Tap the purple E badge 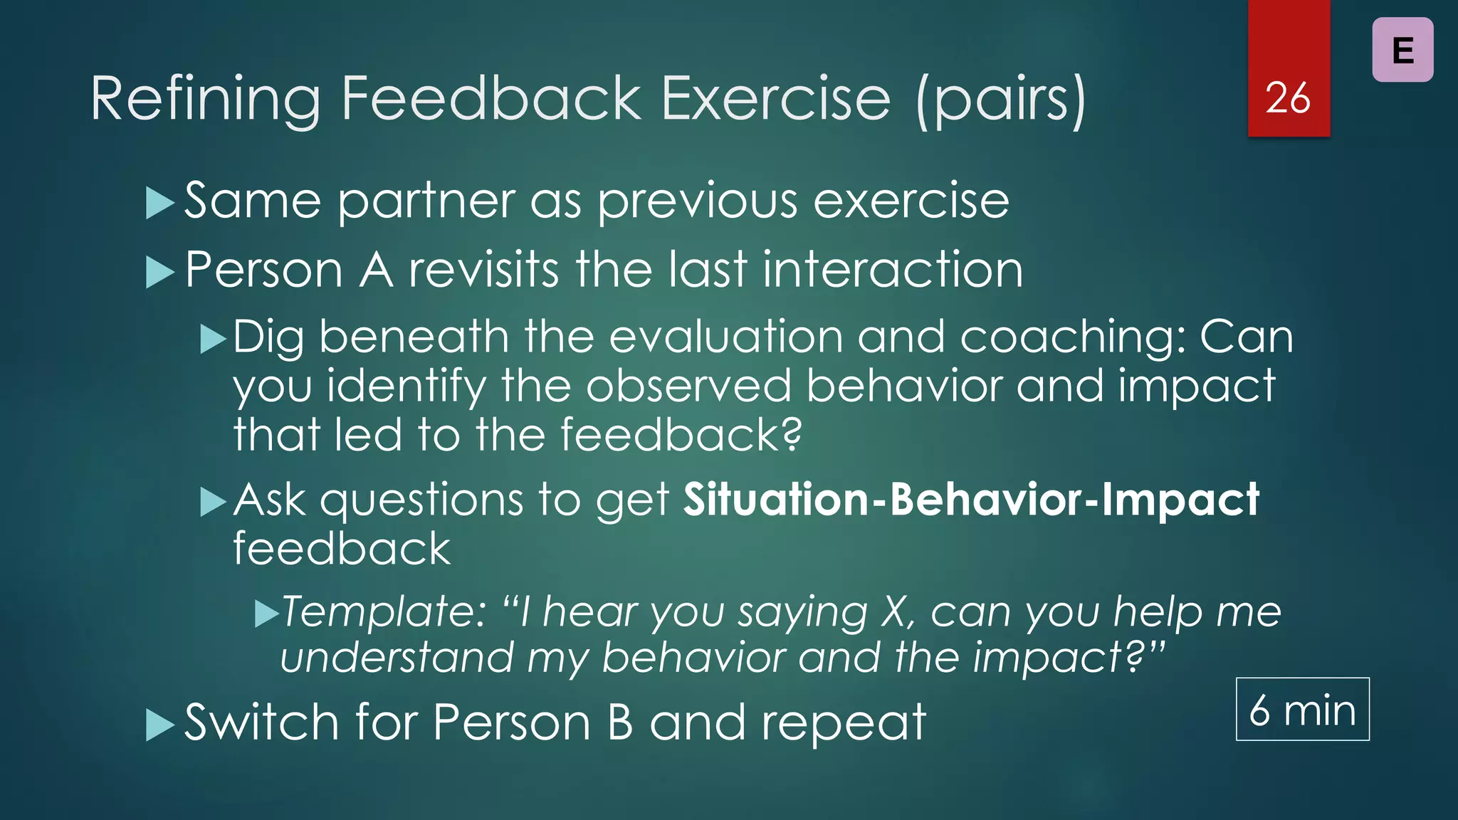coord(1402,51)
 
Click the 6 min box coord(1302,710)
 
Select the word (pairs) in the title coord(1001,99)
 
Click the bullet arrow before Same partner coord(159,203)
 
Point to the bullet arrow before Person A coord(159,272)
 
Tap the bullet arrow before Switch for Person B coord(159,725)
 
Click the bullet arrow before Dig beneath coord(213,339)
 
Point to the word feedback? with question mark coord(681,435)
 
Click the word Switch coord(261,722)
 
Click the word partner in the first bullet coord(426,202)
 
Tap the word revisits coord(483,270)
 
